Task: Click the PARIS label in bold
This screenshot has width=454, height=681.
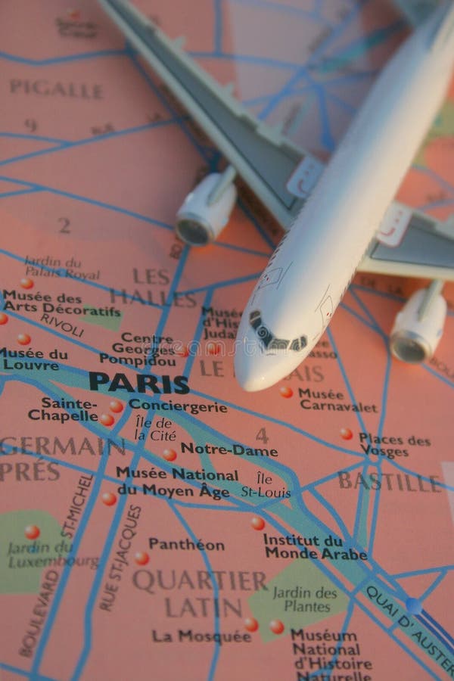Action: point(138,382)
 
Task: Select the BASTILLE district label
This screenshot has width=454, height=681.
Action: point(389,481)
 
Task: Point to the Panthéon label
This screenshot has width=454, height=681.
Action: point(186,544)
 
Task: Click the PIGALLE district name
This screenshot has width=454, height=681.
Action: point(56,89)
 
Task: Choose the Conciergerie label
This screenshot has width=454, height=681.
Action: point(177,406)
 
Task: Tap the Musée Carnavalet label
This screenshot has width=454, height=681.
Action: point(337,399)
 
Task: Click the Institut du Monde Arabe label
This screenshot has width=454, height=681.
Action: point(315,546)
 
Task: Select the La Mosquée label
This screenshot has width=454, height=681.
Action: point(201,636)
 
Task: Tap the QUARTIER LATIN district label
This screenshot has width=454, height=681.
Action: point(200,593)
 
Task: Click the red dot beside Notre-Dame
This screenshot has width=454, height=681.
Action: point(169,455)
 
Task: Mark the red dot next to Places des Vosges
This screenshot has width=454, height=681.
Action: point(346,434)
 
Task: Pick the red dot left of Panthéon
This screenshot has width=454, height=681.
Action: point(141,558)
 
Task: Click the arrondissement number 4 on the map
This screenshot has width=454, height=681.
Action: point(262,436)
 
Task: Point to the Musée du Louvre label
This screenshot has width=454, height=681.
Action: point(35,359)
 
